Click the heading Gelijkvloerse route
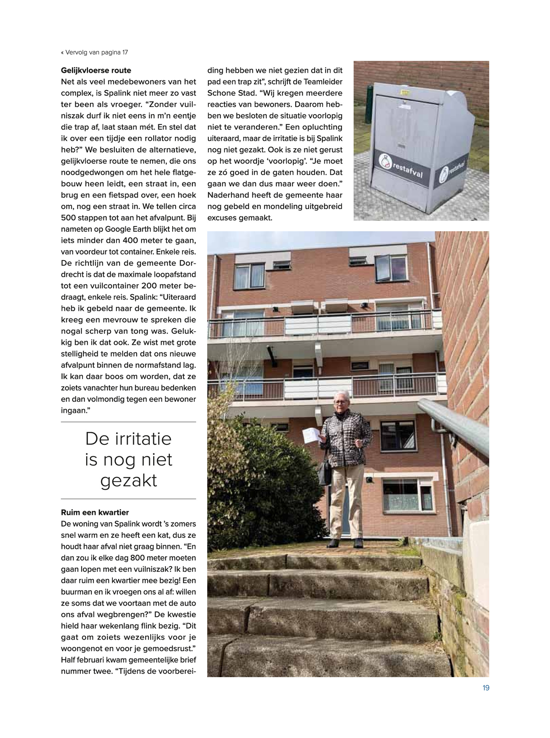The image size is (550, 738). (96, 70)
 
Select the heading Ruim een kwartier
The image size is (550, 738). (95, 512)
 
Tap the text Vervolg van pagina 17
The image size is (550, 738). (96, 52)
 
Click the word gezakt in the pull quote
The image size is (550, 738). (129, 481)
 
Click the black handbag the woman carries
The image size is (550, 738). (325, 472)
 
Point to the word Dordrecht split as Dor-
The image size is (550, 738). (187, 263)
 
